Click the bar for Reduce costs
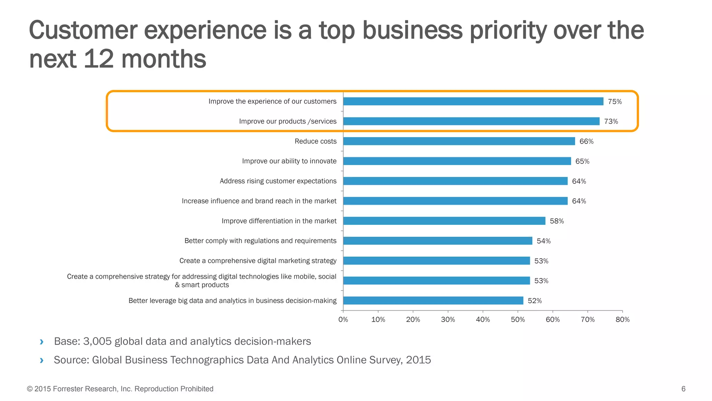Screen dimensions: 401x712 (x=459, y=141)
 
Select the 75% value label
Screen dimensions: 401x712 (x=615, y=102)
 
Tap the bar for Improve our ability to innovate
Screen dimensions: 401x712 (x=457, y=161)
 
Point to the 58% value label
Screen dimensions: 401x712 (x=557, y=221)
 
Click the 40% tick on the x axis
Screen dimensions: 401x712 (x=483, y=320)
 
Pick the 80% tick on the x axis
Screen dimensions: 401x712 (x=622, y=320)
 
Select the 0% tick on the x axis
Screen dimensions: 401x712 (x=343, y=320)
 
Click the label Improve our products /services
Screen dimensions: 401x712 (x=288, y=121)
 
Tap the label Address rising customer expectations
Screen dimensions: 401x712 (x=278, y=181)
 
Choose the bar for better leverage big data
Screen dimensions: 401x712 (x=433, y=300)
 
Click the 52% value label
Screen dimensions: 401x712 (x=534, y=301)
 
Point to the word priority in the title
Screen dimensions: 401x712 (x=508, y=31)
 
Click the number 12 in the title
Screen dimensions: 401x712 (x=99, y=59)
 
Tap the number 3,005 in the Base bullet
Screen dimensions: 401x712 (x=97, y=341)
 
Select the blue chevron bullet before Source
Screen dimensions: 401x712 (x=42, y=360)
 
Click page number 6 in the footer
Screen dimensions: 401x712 (x=683, y=389)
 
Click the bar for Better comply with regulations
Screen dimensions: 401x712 (x=437, y=241)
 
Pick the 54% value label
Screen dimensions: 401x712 (x=543, y=241)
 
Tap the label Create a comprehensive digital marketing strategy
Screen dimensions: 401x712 (x=258, y=261)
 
